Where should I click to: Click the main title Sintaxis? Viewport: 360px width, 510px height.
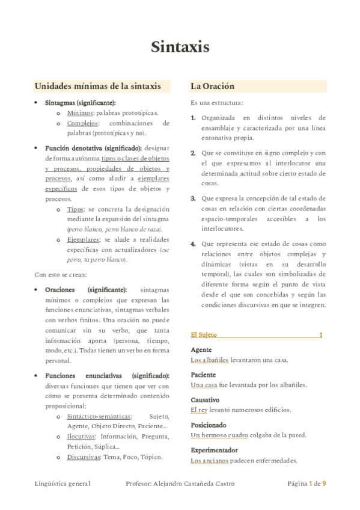coord(180,47)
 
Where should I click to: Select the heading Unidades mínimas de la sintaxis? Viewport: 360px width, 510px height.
coord(97,87)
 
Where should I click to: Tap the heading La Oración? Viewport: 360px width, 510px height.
coord(212,87)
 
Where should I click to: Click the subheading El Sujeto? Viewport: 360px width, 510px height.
coord(204,335)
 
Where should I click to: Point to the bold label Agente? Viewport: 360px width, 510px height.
coord(201,350)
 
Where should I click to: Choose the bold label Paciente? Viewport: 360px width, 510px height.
coord(203,375)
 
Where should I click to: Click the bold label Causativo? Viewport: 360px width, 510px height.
coord(205,400)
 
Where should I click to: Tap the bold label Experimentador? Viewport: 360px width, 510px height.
coord(214,450)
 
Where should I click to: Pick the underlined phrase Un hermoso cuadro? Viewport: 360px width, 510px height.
coord(218,435)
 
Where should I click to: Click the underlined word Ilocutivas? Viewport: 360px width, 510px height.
coord(82,436)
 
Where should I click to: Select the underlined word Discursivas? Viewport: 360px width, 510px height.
coord(84,456)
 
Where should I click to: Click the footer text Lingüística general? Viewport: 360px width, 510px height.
coord(63,484)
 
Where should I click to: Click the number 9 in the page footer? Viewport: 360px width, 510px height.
coord(324,484)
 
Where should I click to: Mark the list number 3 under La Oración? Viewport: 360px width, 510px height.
coord(193,198)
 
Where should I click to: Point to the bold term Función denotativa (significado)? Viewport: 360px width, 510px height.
coord(93,148)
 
